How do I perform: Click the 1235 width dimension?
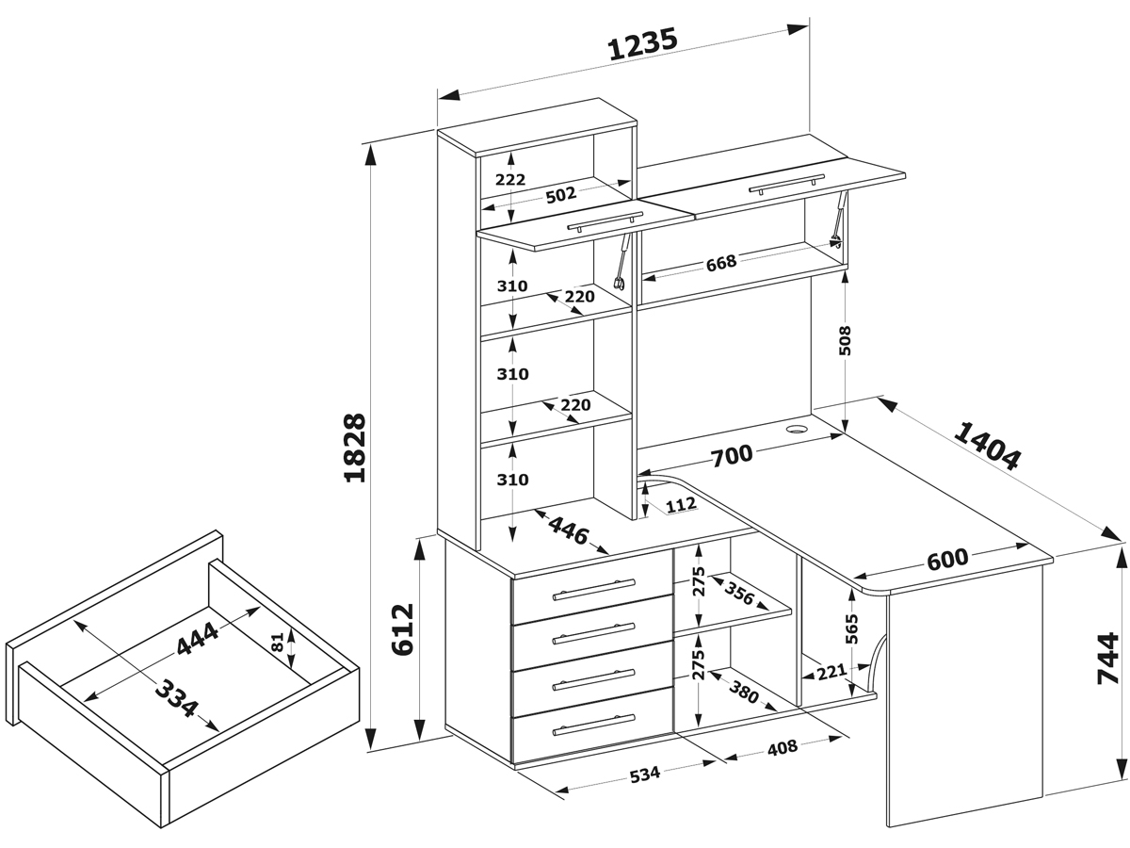pos(643,44)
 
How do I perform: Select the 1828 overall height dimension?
pos(355,448)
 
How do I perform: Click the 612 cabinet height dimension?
pos(400,629)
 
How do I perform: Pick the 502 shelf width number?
pos(560,195)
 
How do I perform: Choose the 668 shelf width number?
pos(720,261)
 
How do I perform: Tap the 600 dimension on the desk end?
pos(946,559)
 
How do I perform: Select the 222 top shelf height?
pos(509,179)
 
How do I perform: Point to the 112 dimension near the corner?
pos(680,505)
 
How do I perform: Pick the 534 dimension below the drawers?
pos(644,775)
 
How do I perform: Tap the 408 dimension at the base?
pos(782,748)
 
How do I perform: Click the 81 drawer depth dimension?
pos(277,644)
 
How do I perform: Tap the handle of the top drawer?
pos(594,590)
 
